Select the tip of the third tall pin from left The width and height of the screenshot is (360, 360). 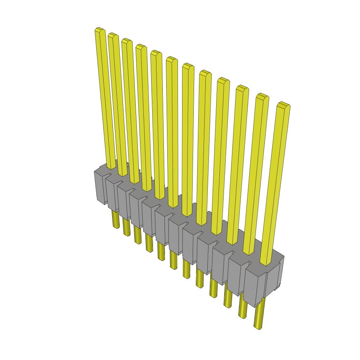click(127, 40)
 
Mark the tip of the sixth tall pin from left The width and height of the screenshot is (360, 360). click(172, 59)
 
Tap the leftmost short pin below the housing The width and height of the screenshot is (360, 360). click(116, 220)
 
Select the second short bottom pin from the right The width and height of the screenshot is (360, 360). click(243, 308)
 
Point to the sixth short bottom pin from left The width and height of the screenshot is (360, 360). click(173, 260)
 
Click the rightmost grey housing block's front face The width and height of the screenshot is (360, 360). click(254, 287)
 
